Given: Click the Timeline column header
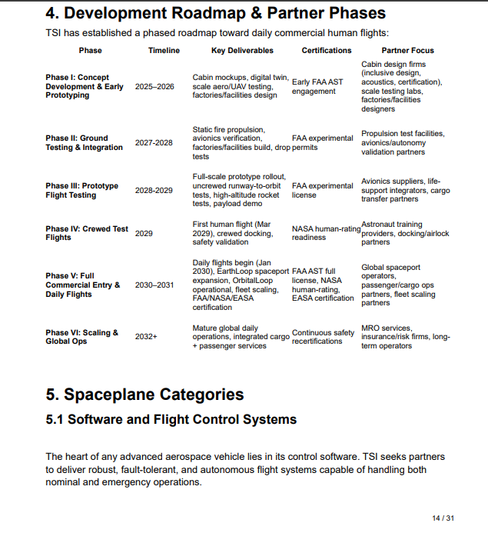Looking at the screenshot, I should coord(164,51).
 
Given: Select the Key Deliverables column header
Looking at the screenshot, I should coord(242,51).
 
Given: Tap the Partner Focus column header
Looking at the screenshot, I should coord(407,51).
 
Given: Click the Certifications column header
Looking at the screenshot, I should coord(327,51).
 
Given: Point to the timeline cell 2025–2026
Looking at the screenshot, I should coord(154,87).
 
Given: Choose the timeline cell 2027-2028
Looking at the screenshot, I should coord(154,143).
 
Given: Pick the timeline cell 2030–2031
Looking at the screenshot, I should coord(154,285).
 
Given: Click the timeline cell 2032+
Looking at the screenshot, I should coord(146,337).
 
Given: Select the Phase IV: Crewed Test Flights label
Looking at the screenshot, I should coord(87,233).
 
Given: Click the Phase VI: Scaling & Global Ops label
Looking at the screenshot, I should coord(82,337).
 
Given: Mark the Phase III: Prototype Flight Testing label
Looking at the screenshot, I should coord(82,191).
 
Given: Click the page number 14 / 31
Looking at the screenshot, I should coord(443,518).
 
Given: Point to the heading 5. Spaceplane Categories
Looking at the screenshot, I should coord(144,395).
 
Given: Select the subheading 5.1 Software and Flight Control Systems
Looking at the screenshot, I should coord(171,420).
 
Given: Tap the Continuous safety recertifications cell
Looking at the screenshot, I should coord(324,337).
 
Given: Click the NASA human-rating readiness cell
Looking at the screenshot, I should coord(326,233).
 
